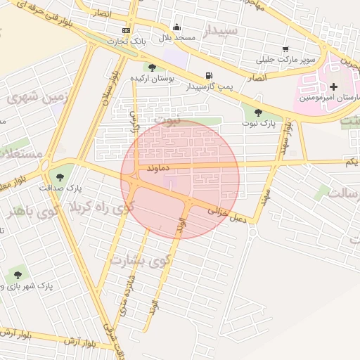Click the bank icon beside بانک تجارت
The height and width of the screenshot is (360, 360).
coord(126,30)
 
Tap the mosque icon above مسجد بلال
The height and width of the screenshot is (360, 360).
coord(176,27)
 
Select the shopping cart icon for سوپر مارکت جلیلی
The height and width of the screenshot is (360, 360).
coord(285,49)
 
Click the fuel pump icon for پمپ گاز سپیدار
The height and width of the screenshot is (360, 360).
coord(208,76)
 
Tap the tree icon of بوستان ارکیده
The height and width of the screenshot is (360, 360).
coord(153,67)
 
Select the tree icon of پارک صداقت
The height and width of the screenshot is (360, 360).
coord(58,176)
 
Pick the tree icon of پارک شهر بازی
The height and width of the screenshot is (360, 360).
coord(18,275)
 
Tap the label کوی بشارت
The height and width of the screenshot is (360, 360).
coord(141,260)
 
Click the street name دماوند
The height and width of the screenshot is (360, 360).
coord(160,169)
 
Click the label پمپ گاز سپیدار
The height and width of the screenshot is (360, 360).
coord(207,87)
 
